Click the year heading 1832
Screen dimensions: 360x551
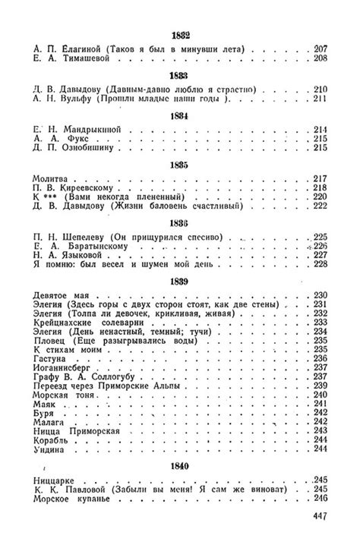pos(181,36)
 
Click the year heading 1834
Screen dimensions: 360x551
pos(181,115)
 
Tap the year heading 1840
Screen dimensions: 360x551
pos(181,466)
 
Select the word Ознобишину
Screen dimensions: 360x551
pos(89,149)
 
